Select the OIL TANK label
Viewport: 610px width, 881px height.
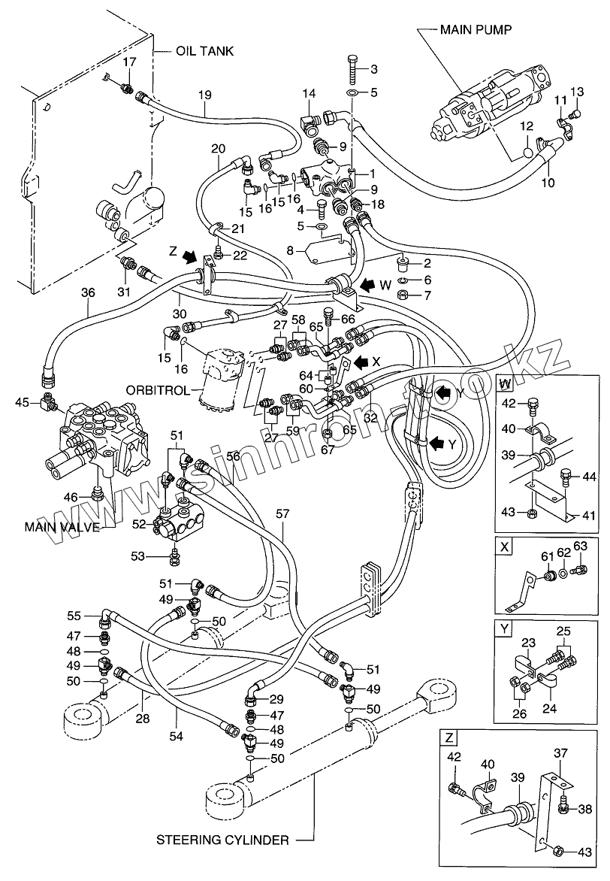205,51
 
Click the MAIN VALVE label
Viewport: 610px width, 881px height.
62,527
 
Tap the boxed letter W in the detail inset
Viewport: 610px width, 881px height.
506,383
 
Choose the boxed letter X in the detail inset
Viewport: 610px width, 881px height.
505,546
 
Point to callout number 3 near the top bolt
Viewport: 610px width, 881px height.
373,70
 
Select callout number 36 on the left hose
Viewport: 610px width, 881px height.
89,293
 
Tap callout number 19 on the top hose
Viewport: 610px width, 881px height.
205,95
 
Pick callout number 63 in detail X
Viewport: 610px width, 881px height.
578,546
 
